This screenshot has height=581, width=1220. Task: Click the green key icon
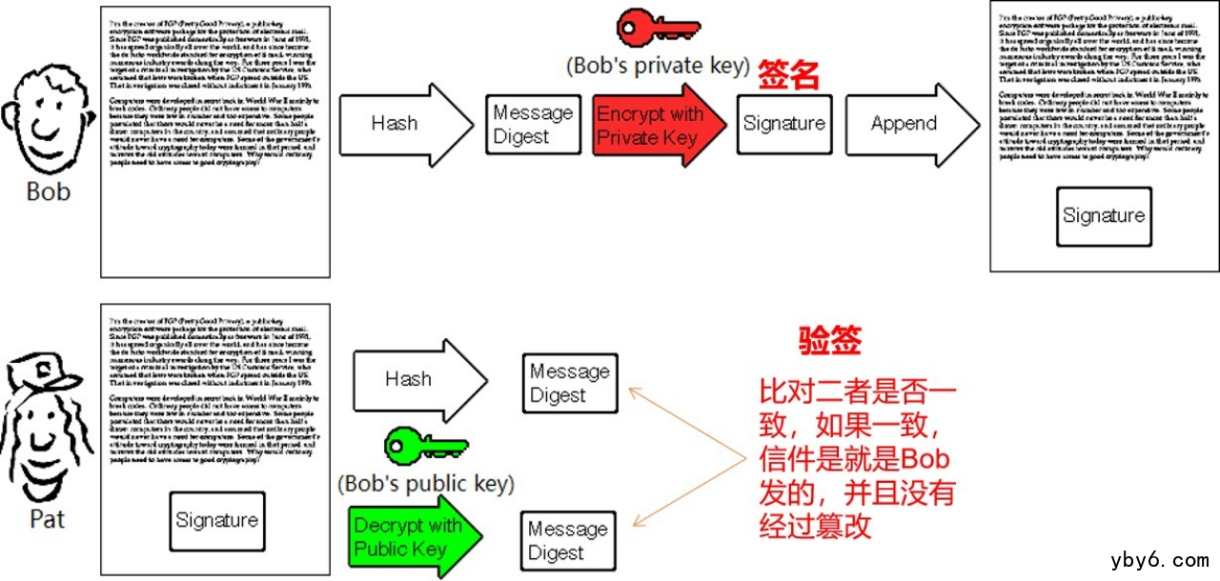point(424,446)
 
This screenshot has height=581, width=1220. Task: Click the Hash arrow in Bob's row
point(405,123)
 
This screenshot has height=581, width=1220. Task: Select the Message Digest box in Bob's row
point(533,124)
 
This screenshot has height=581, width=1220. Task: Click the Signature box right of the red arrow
point(783,124)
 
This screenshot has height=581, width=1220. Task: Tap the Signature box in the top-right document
point(1104,216)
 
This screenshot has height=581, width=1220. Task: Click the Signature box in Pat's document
point(216,521)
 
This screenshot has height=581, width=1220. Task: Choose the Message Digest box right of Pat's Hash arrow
point(569,383)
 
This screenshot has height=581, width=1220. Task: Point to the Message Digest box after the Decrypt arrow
point(569,541)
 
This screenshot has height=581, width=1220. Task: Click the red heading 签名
point(789,76)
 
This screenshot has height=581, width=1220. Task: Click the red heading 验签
point(829,340)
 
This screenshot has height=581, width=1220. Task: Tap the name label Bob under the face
point(48,191)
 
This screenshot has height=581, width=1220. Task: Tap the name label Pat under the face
point(48,519)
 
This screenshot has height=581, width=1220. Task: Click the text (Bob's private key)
point(658,67)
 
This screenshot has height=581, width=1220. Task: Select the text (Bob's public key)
point(426,484)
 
